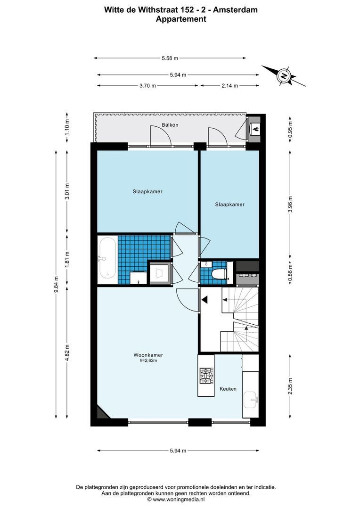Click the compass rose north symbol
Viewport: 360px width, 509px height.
[284, 75]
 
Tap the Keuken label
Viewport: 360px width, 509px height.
[228, 389]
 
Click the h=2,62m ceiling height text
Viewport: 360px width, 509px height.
[148, 361]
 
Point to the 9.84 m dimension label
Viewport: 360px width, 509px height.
[57, 284]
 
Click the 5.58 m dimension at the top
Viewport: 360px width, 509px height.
[170, 58]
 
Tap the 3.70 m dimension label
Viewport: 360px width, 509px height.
[147, 86]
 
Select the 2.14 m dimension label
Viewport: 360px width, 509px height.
[229, 86]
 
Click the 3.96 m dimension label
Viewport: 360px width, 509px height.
[290, 204]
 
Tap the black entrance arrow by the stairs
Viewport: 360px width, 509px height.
[204, 299]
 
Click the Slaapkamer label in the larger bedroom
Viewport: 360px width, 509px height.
[147, 192]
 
